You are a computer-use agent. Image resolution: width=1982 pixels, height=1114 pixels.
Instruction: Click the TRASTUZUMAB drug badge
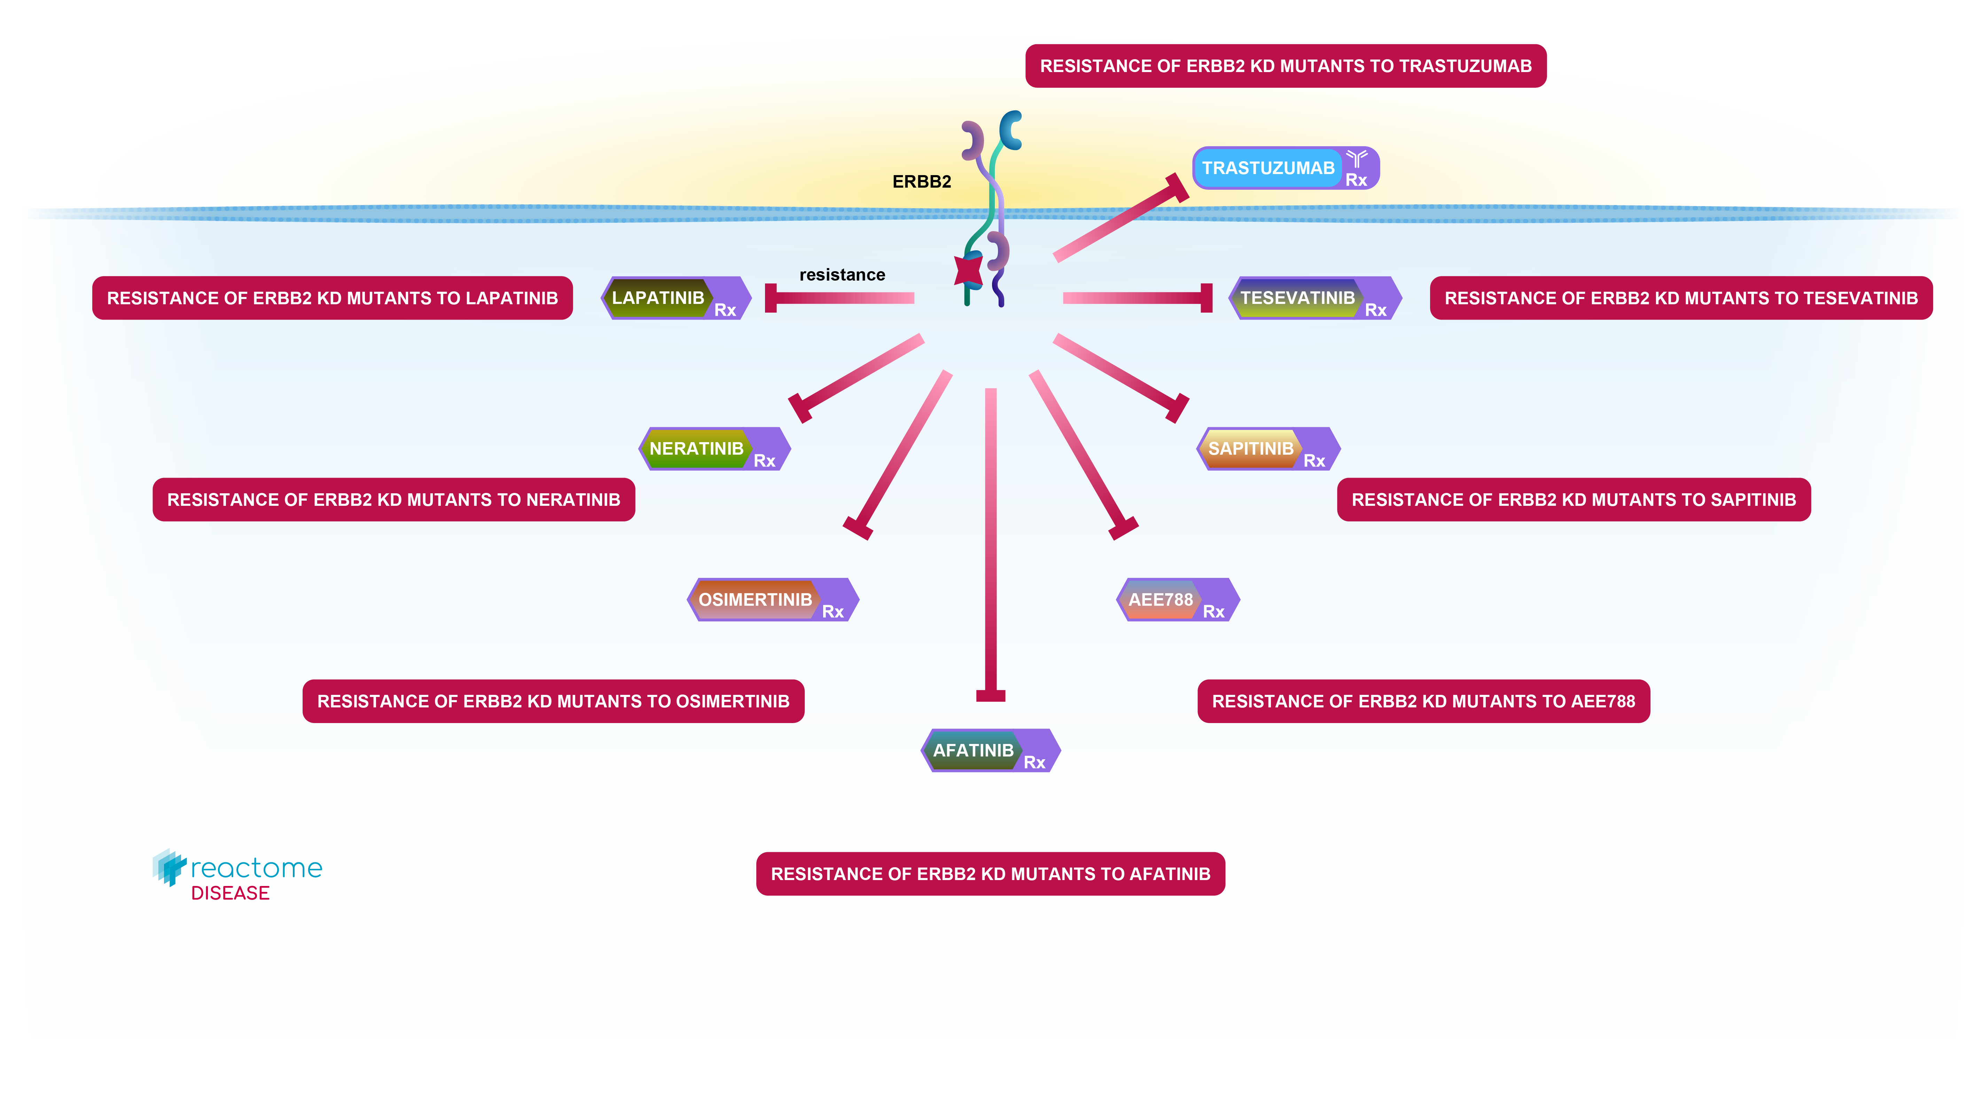tap(1285, 168)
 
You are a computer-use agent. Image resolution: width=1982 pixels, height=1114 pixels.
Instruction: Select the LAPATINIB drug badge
tap(675, 298)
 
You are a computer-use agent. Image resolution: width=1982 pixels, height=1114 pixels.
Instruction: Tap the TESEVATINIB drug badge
tap(1314, 298)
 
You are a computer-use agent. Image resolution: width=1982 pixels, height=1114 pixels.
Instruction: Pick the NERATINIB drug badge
tap(713, 448)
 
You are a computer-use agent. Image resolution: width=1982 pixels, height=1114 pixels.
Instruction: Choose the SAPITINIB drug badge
tap(1267, 448)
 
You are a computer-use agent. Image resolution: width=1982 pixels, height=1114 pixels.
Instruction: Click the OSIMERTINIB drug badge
tap(772, 599)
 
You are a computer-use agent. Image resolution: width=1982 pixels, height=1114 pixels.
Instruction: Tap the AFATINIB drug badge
tap(990, 750)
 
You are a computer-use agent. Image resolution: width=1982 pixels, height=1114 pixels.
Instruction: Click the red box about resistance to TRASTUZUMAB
tap(1285, 66)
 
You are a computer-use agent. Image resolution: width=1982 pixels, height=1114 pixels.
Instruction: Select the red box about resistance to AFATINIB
tap(990, 874)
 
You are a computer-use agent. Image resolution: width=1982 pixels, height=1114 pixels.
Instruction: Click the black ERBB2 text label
tap(921, 182)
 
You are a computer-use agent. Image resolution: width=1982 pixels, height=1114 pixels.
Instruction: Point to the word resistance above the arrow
tap(842, 275)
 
